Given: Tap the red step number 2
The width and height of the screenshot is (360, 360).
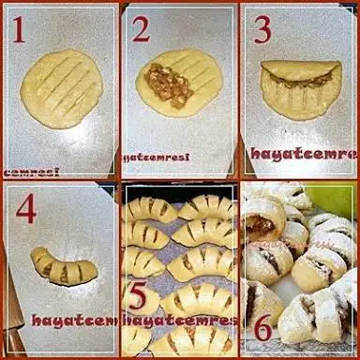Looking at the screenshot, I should (141, 30).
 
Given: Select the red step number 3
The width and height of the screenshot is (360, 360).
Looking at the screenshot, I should (262, 30).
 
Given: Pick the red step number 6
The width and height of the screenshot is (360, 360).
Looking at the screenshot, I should (263, 328).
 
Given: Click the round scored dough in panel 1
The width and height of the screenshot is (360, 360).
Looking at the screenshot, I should (62, 89).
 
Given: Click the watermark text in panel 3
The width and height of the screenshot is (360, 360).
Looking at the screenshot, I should (302, 153).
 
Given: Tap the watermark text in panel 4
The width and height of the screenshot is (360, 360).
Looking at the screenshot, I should (75, 320).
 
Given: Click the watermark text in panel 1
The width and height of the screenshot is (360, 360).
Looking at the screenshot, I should (30, 172).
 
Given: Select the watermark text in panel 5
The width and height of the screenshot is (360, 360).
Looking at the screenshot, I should (178, 320).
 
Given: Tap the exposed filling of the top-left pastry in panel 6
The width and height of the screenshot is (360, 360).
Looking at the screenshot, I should (263, 226).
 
